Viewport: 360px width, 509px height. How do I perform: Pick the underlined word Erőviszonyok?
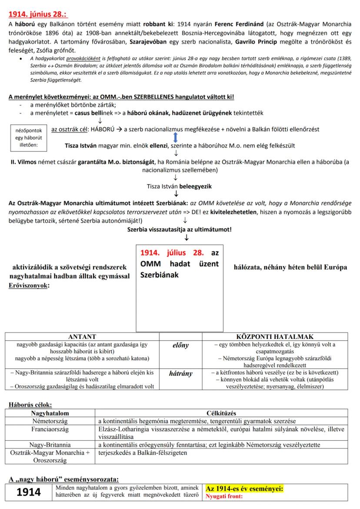[x=29, y=286]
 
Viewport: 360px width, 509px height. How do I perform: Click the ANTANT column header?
[x=82, y=336]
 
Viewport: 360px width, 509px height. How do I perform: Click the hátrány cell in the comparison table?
[x=180, y=373]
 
